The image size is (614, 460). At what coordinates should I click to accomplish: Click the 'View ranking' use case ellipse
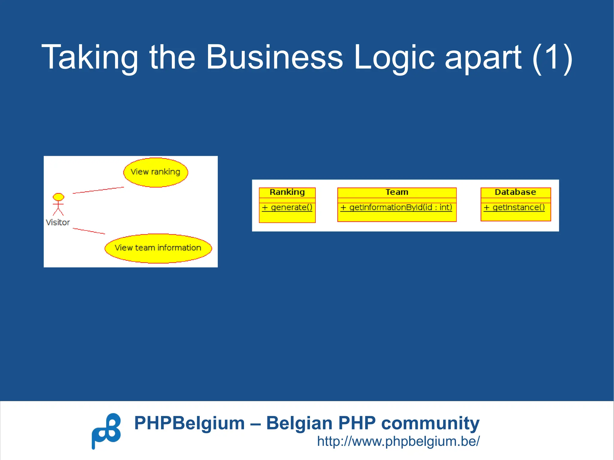[x=156, y=172]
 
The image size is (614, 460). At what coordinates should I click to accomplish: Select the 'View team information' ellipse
[x=158, y=248]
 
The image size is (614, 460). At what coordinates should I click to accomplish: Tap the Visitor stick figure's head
[x=58, y=197]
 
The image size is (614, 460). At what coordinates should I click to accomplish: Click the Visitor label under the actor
[x=58, y=222]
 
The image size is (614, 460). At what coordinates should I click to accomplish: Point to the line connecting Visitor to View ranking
[x=98, y=190]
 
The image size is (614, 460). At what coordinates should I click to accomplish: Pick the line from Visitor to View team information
[x=89, y=231]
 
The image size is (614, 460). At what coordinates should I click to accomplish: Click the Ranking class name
[x=287, y=192]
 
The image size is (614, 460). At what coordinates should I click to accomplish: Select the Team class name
[x=397, y=192]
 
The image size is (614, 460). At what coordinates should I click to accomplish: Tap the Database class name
[x=515, y=192]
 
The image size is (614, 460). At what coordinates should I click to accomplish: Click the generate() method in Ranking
[x=287, y=207]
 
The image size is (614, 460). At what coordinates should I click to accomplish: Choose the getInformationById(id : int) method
[x=396, y=207]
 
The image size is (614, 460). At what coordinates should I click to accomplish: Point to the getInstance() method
[x=514, y=207]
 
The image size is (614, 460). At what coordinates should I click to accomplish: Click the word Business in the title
[x=274, y=57]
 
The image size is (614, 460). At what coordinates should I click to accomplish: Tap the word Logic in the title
[x=394, y=57]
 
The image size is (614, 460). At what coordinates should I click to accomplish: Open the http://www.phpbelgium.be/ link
[x=398, y=441]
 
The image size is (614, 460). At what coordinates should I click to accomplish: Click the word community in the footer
[x=430, y=423]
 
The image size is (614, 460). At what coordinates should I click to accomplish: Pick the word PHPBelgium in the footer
[x=189, y=423]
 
